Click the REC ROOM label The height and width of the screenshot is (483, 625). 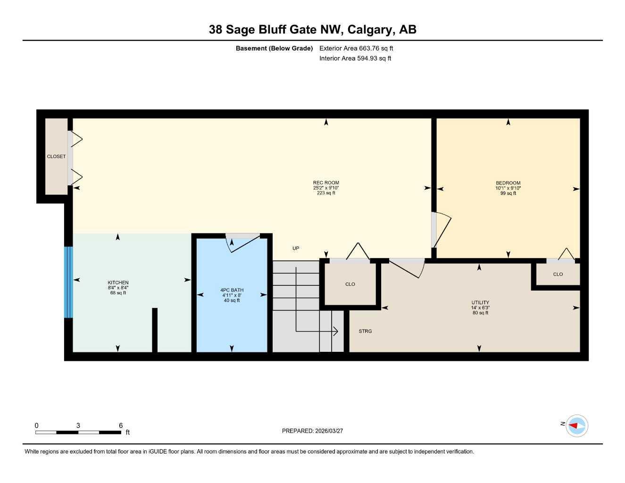[x=326, y=183]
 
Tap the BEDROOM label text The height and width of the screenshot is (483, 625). [x=508, y=183]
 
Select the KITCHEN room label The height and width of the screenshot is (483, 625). [x=118, y=283]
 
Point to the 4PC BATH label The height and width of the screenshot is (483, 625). [x=232, y=290]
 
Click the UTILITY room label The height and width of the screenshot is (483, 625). [x=480, y=302]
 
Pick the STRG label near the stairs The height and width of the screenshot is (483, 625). [x=365, y=331]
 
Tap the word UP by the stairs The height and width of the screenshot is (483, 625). [x=296, y=248]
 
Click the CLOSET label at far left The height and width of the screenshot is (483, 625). [x=56, y=156]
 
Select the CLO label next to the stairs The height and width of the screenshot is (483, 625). [x=350, y=284]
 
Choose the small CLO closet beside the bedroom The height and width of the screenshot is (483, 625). [x=558, y=274]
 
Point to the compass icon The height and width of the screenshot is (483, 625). [x=576, y=425]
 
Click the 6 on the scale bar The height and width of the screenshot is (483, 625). [x=121, y=425]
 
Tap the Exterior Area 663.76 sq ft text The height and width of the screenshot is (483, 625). [x=356, y=48]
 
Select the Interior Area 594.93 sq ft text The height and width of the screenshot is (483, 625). [x=355, y=58]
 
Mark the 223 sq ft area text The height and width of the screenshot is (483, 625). [x=326, y=193]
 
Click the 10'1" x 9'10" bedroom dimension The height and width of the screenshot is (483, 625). [x=508, y=188]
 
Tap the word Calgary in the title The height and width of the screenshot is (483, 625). [x=370, y=30]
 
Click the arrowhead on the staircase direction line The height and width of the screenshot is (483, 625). [x=336, y=332]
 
